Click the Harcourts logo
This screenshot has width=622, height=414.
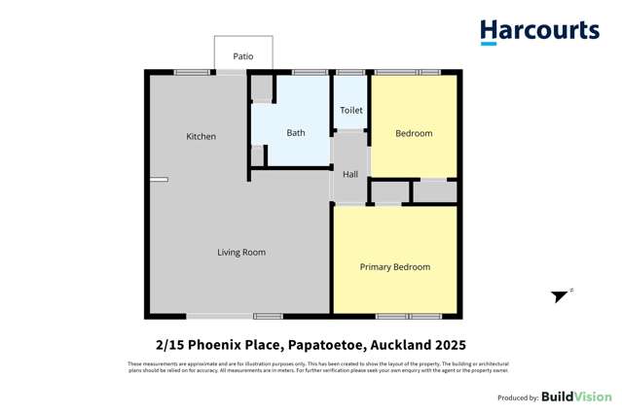[x=539, y=32]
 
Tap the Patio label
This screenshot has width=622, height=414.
[x=243, y=56]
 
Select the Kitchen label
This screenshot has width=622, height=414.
[x=201, y=137]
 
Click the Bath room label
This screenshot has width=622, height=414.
[x=296, y=133]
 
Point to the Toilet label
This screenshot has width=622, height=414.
[x=351, y=111]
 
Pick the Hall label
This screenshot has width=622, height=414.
[x=350, y=175]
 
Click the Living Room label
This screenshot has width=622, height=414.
[x=241, y=253]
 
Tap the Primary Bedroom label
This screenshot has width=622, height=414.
[x=395, y=267]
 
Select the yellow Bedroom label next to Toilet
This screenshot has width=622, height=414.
[x=414, y=133]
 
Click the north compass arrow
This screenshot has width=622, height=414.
[x=561, y=296]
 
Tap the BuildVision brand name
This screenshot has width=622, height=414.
[x=577, y=397]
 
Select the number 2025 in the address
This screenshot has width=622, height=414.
[x=449, y=345]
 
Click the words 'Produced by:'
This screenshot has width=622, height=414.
[x=518, y=397]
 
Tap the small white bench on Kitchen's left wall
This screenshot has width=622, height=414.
[x=159, y=179]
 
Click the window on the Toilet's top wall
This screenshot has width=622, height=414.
[x=350, y=72]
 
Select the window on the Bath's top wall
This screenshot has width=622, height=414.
[x=310, y=72]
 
